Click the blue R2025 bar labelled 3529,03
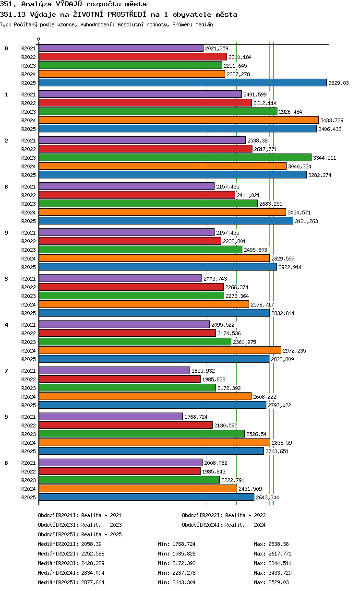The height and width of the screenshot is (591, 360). (x=182, y=83)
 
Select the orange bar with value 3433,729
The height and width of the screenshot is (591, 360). (x=179, y=120)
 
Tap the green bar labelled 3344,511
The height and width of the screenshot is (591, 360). (x=175, y=158)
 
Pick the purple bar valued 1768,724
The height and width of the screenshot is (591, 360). (x=111, y=416)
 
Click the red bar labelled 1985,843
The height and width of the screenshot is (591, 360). (x=120, y=471)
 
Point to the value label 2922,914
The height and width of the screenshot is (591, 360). (x=290, y=267)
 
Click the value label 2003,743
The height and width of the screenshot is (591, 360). (x=215, y=279)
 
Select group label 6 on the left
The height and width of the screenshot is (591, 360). (x=6, y=187)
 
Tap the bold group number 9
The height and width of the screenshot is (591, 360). (x=6, y=233)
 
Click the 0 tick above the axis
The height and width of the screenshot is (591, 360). (x=39, y=39)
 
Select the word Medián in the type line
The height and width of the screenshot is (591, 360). (x=204, y=25)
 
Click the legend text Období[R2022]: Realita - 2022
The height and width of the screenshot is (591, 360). (x=224, y=515)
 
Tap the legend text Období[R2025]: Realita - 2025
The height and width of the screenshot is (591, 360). (x=80, y=534)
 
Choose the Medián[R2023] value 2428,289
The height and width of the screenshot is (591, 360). (x=93, y=563)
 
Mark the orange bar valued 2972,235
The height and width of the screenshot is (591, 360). (x=160, y=350)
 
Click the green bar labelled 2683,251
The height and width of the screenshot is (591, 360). (x=148, y=203)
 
